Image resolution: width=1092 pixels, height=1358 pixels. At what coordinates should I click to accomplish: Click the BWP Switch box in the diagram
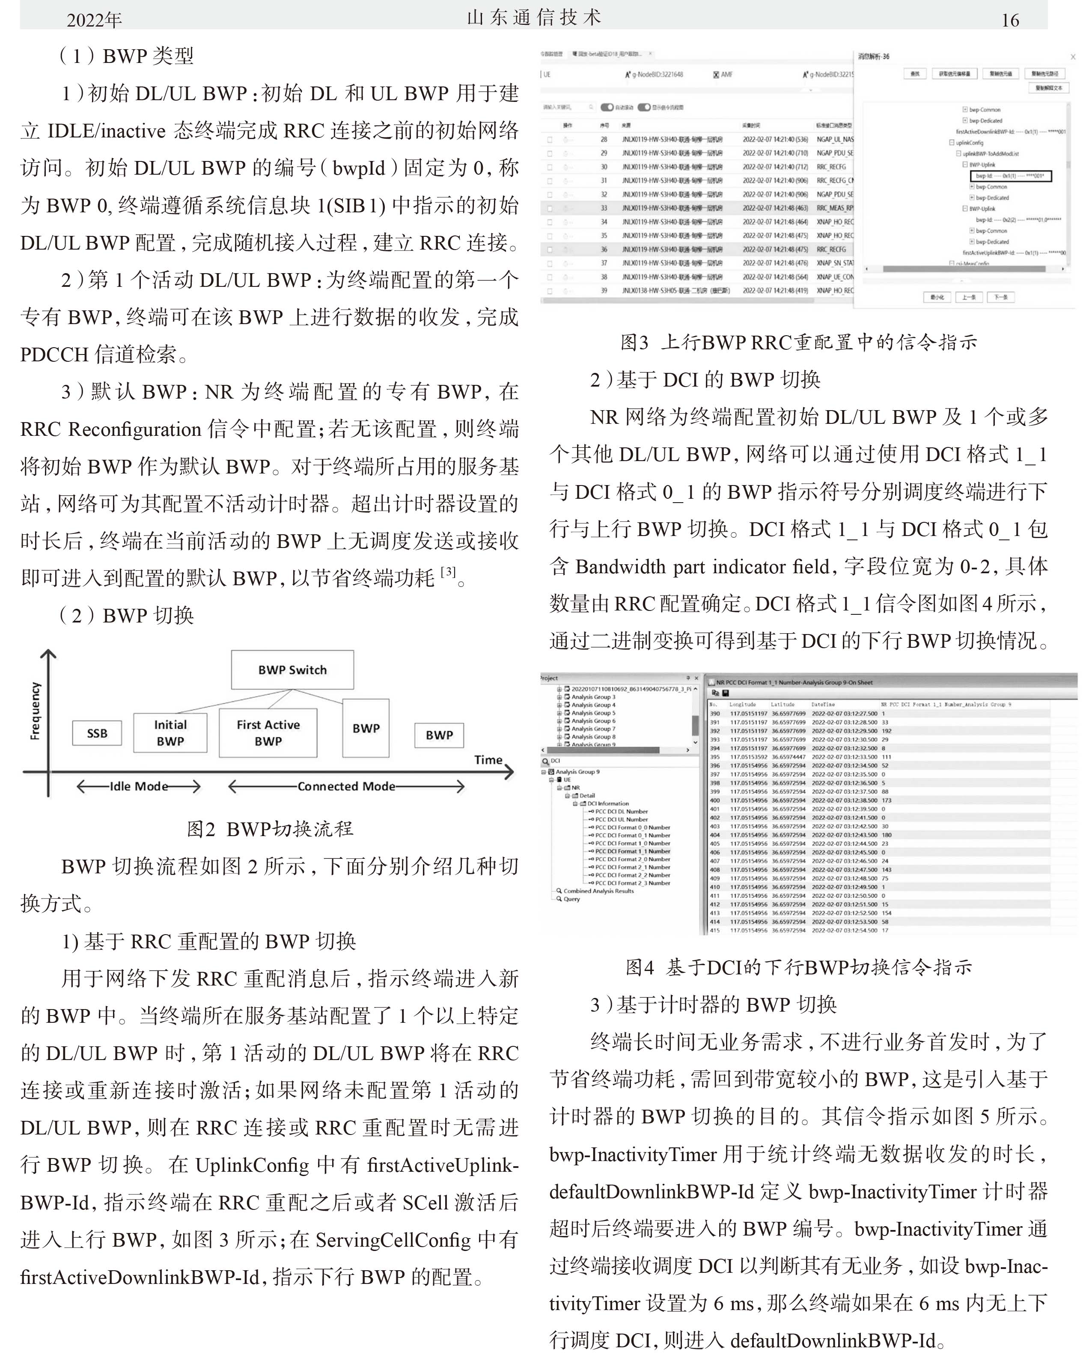292,670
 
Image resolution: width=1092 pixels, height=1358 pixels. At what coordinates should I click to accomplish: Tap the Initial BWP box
170,733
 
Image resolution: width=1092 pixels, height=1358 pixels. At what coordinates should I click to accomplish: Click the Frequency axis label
35,711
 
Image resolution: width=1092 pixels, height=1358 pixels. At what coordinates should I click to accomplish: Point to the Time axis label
488,759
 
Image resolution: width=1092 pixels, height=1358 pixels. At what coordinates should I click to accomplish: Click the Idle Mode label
139,786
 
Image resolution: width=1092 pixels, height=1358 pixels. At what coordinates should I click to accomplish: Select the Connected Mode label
346,786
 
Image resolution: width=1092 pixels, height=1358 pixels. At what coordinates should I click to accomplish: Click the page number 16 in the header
1010,20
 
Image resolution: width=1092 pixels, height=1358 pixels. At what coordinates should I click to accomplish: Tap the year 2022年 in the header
95,20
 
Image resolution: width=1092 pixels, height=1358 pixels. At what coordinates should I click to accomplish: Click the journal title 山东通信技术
534,18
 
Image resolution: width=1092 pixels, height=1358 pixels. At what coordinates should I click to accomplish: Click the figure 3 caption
798,342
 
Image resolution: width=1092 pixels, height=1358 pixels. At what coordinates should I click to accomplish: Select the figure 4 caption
798,967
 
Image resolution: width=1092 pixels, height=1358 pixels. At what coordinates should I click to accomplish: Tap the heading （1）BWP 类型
126,56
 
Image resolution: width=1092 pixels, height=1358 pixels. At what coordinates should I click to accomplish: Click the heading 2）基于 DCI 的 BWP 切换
705,380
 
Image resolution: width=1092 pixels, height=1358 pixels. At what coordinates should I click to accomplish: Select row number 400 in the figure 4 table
715,800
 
